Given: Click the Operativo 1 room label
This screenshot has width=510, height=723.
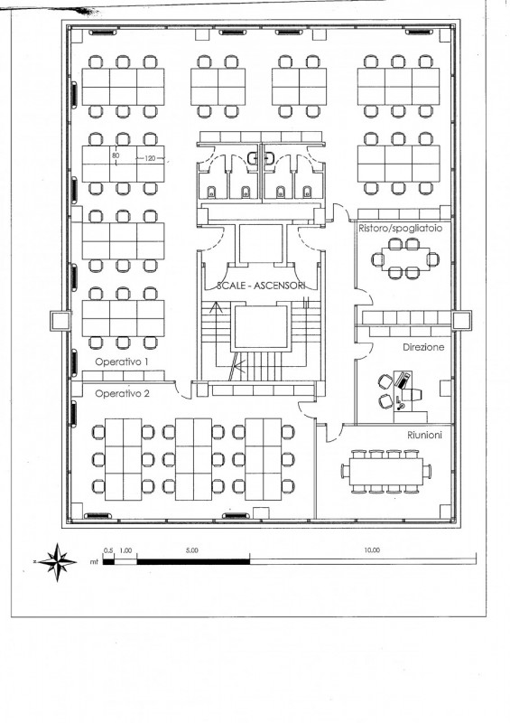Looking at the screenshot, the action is click(x=122, y=362).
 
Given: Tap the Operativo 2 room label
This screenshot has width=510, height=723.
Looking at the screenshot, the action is click(x=122, y=394).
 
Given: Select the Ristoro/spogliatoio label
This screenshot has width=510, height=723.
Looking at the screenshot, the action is click(x=401, y=229).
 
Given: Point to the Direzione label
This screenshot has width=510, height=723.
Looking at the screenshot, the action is click(x=423, y=347).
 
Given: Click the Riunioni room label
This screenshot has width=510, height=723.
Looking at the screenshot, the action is click(x=424, y=435).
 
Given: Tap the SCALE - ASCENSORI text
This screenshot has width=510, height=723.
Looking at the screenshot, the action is click(x=261, y=286).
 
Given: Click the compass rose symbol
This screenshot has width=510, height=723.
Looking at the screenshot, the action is click(x=57, y=562).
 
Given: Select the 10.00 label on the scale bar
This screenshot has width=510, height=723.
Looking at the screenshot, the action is click(x=372, y=550).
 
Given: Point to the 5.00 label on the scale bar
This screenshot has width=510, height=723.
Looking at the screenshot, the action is click(x=191, y=550).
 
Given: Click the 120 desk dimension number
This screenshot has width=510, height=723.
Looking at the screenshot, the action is click(x=150, y=158).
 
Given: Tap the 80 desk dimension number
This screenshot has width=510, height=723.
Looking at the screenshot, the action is click(x=116, y=155).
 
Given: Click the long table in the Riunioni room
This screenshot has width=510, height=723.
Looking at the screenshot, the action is click(x=385, y=471).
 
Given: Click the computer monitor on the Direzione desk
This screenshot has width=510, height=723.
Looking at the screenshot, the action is click(x=413, y=394).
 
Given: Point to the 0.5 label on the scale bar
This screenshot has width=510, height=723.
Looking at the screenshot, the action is click(x=108, y=550).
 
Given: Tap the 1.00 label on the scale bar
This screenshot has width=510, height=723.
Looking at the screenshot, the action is click(x=125, y=550).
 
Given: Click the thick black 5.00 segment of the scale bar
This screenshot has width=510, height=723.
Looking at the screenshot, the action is click(x=193, y=561).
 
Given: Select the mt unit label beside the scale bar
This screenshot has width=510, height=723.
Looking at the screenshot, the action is click(x=95, y=562).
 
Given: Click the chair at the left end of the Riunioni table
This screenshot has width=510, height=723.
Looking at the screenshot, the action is click(x=345, y=471).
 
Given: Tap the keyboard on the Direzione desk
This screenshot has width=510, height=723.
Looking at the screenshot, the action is click(x=403, y=380).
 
